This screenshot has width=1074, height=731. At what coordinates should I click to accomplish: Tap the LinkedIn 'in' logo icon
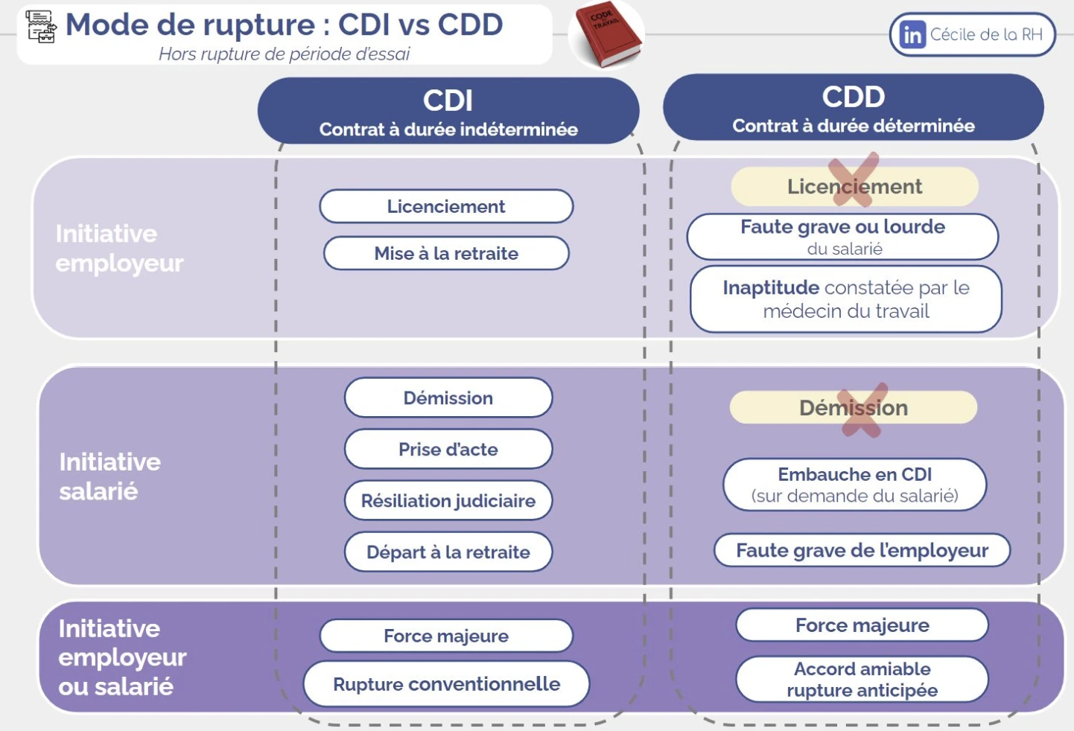pos(912,35)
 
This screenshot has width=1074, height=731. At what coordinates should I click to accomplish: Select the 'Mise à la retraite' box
pos(446,253)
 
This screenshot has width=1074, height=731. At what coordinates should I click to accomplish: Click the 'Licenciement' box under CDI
pos(446,206)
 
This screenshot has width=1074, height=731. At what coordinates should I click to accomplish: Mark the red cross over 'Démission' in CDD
pos(862,409)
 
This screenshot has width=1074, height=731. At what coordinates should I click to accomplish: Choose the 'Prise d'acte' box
pos(448,449)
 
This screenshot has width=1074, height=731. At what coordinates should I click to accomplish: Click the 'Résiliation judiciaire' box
pos(448,500)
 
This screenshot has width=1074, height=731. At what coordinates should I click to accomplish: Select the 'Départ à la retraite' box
pos(448,552)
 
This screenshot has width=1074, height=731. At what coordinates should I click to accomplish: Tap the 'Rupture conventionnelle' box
pos(446,683)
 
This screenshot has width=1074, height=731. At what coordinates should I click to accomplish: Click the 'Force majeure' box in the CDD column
pos(862,625)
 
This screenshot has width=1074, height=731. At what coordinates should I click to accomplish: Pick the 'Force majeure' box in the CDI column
pos(446,636)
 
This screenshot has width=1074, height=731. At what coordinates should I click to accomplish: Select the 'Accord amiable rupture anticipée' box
pos(862,679)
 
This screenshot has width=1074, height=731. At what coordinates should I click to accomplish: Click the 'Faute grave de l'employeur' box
pos(862,550)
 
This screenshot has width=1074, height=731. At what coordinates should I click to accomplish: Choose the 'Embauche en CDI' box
pos(854,485)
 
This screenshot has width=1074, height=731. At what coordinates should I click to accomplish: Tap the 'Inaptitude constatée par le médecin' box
pos(845,299)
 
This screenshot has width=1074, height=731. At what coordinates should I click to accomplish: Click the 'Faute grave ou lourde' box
pos(842,237)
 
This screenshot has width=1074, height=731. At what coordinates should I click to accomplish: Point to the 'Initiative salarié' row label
pos(109,476)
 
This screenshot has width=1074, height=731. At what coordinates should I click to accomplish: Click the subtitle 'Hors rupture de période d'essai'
pos(284,54)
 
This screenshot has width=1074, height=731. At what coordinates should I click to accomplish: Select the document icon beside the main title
pos(41,26)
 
